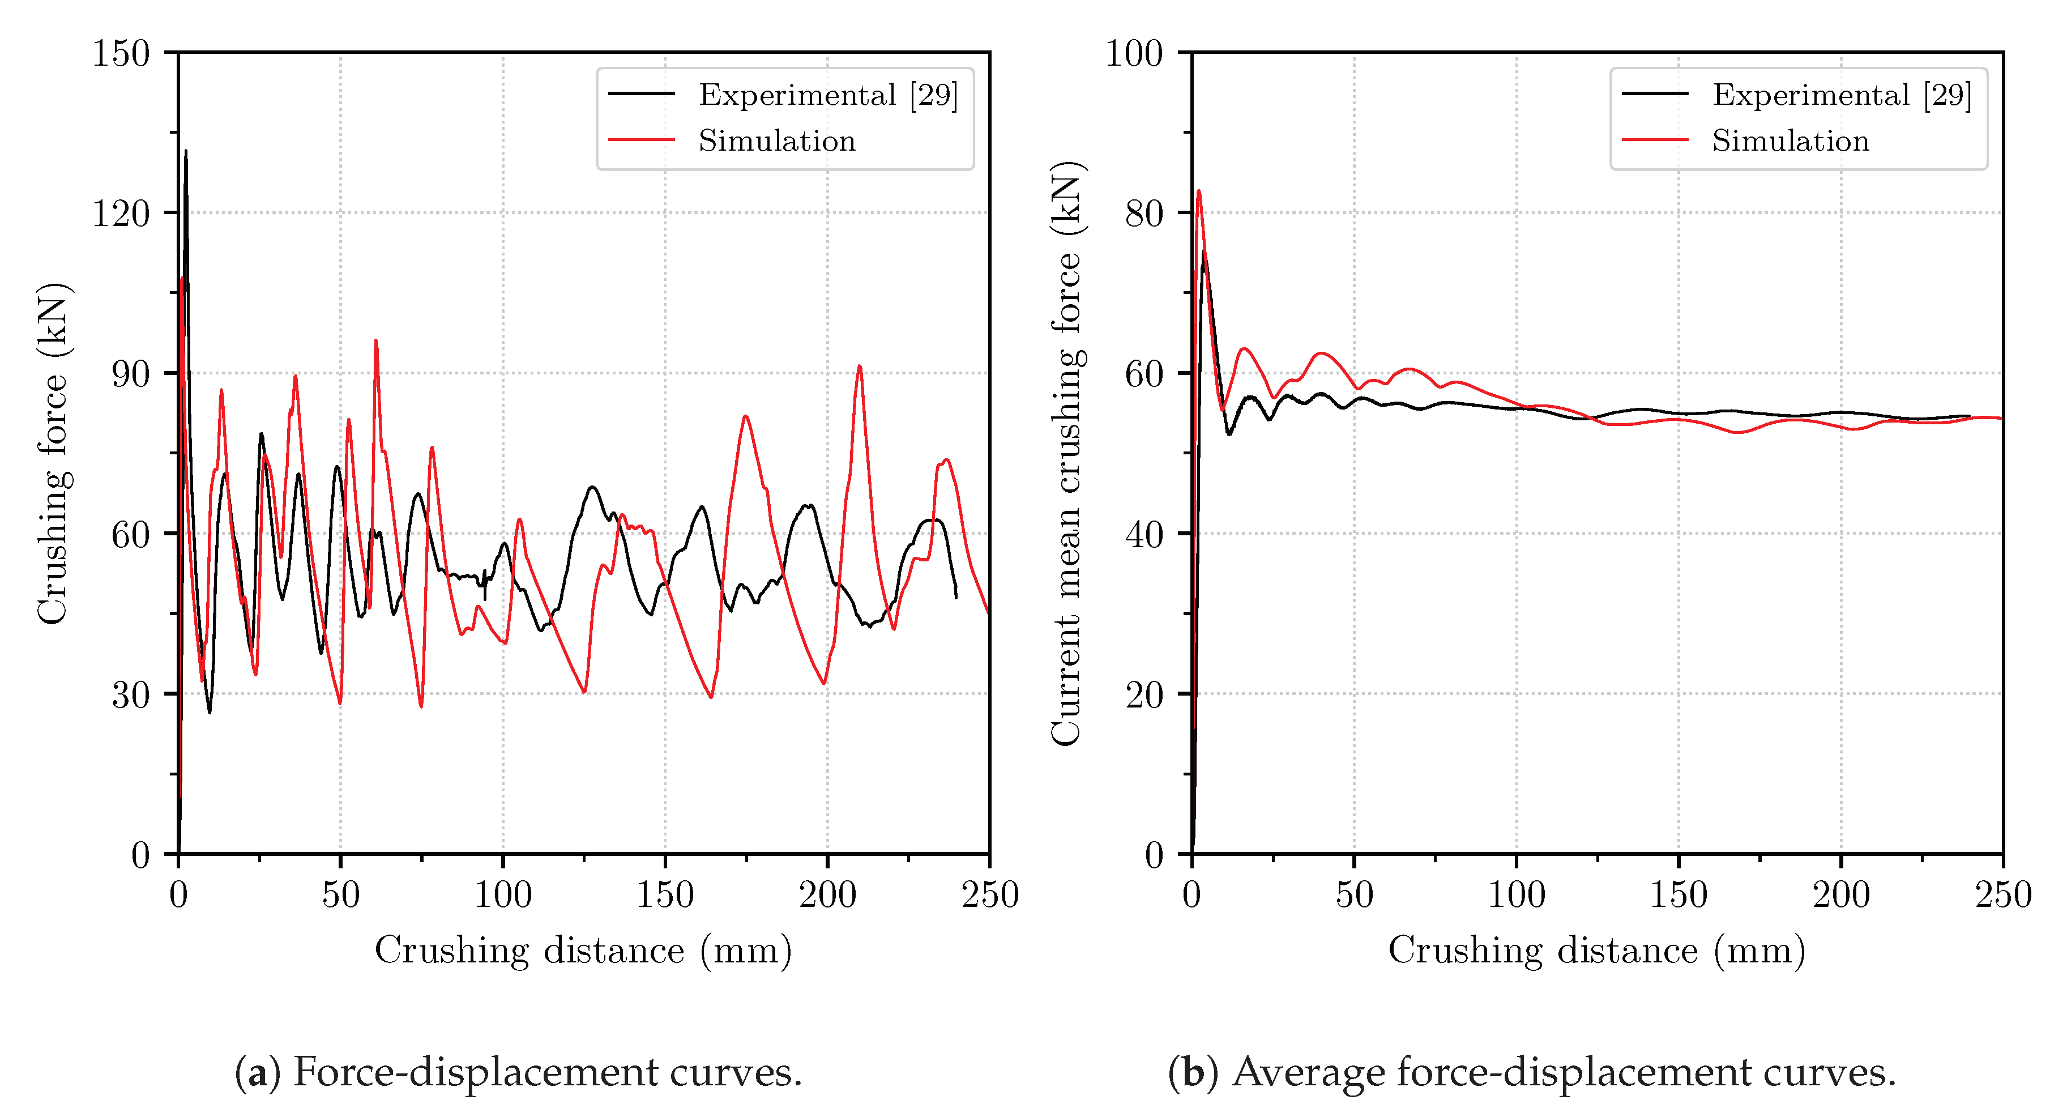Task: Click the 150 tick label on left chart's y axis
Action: click(x=121, y=54)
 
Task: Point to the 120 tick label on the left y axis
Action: click(x=121, y=214)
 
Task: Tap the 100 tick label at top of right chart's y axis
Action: click(x=1134, y=54)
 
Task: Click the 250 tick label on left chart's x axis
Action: click(x=990, y=894)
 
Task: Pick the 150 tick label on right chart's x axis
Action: click(x=1679, y=894)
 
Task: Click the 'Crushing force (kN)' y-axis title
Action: click(x=54, y=454)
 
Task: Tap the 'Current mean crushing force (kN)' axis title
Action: click(x=1067, y=454)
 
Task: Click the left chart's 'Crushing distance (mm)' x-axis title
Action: click(x=583, y=950)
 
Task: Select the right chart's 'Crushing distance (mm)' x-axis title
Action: click(x=1596, y=950)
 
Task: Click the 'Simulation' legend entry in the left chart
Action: click(x=777, y=141)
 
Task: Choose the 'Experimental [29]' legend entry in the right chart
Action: click(x=1842, y=95)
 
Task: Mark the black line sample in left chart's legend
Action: click(x=642, y=94)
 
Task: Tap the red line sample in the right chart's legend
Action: click(x=1655, y=140)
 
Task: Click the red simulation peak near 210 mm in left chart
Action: click(x=860, y=367)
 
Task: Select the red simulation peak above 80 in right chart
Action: click(x=1198, y=191)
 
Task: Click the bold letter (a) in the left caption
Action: click(x=257, y=1072)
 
